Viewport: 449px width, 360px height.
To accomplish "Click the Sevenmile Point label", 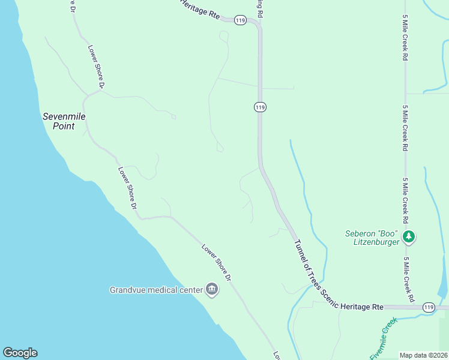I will tap(59, 121).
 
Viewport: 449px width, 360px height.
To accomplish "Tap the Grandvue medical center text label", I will tap(156, 290).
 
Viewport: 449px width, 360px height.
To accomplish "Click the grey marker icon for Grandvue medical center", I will tap(212, 290).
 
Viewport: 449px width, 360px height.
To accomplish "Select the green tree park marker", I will tap(409, 236).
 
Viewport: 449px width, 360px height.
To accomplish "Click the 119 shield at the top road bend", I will tap(241, 20).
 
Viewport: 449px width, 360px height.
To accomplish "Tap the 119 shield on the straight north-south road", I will tap(260, 107).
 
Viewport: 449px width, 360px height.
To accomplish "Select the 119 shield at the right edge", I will tap(428, 307).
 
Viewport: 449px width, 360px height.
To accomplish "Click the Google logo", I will tap(20, 353).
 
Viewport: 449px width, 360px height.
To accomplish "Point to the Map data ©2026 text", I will tap(423, 355).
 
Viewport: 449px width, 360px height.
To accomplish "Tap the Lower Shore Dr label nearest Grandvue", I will tap(216, 263).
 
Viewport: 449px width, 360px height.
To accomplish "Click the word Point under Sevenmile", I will tap(63, 127).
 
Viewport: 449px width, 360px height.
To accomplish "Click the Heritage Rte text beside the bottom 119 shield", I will tap(361, 307).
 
